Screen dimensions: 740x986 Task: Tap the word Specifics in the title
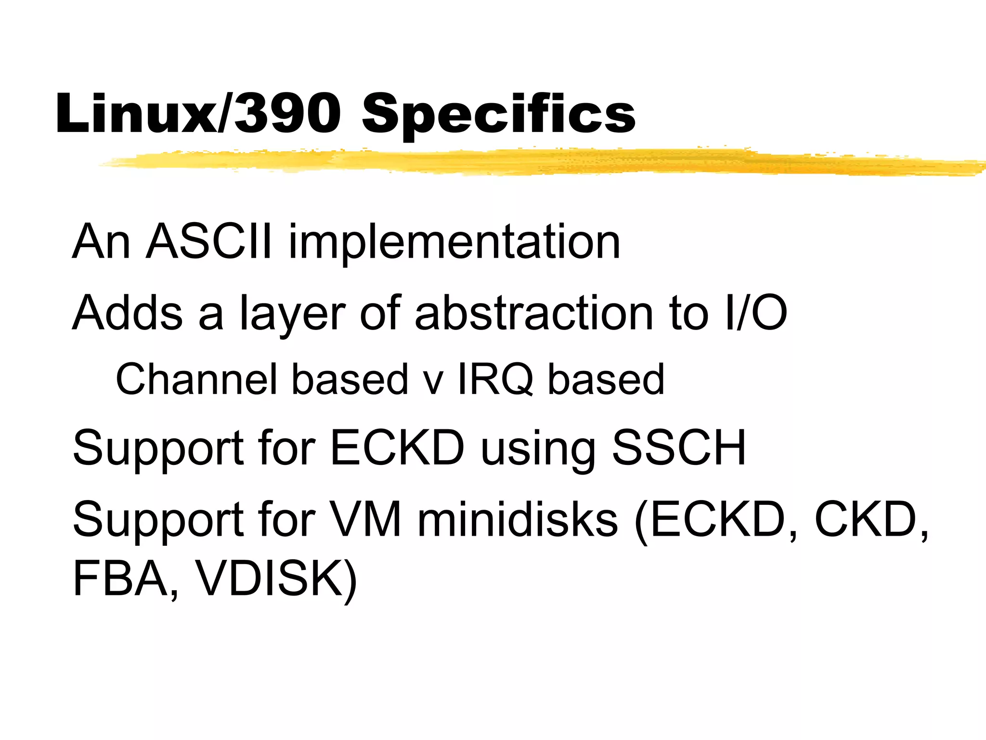tap(499, 116)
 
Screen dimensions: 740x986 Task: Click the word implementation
tap(454, 243)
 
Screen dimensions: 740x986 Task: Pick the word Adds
tap(128, 313)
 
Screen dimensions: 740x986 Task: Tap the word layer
tap(293, 316)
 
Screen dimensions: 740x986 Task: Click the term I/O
tap(755, 313)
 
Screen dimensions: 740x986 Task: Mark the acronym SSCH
tap(679, 448)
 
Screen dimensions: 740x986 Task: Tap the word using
tap(538, 450)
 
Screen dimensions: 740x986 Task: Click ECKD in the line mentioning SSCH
tap(398, 448)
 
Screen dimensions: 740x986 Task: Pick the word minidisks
tap(518, 519)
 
